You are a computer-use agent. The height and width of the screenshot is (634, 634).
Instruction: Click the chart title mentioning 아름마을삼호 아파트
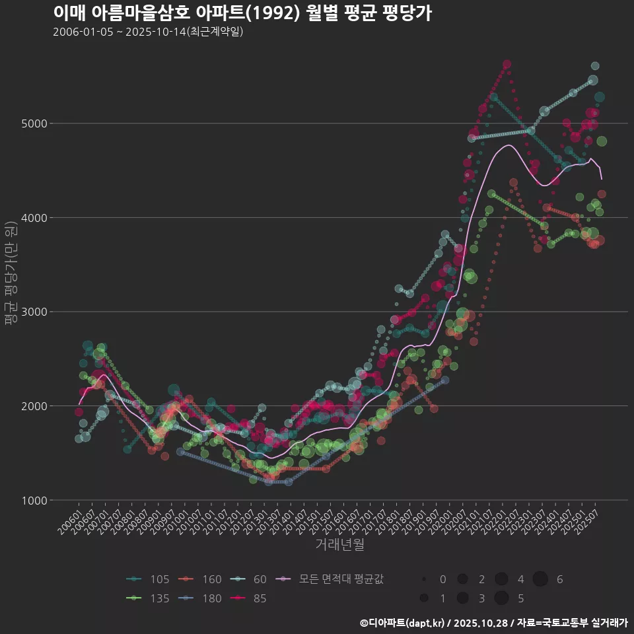tap(242, 13)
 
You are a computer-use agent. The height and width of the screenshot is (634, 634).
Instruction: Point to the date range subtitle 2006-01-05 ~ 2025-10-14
tap(148, 32)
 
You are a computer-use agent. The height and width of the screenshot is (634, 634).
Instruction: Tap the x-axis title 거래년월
tap(339, 545)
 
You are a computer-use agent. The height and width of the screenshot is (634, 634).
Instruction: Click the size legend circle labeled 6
tap(541, 579)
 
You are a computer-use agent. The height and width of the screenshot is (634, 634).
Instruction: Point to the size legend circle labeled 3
tap(462, 598)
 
